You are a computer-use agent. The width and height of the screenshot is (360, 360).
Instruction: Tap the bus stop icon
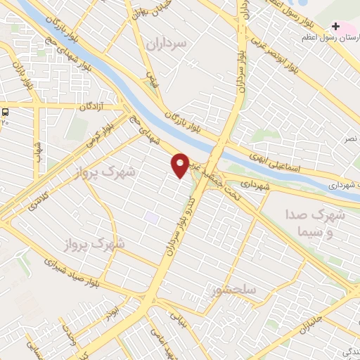6,112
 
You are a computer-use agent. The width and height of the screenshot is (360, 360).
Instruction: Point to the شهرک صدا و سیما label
316,221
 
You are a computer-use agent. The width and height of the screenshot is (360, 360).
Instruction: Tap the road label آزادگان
91,106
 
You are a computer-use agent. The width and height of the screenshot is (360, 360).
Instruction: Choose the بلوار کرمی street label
98,133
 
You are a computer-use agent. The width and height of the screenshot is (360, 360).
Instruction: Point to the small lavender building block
152,217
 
